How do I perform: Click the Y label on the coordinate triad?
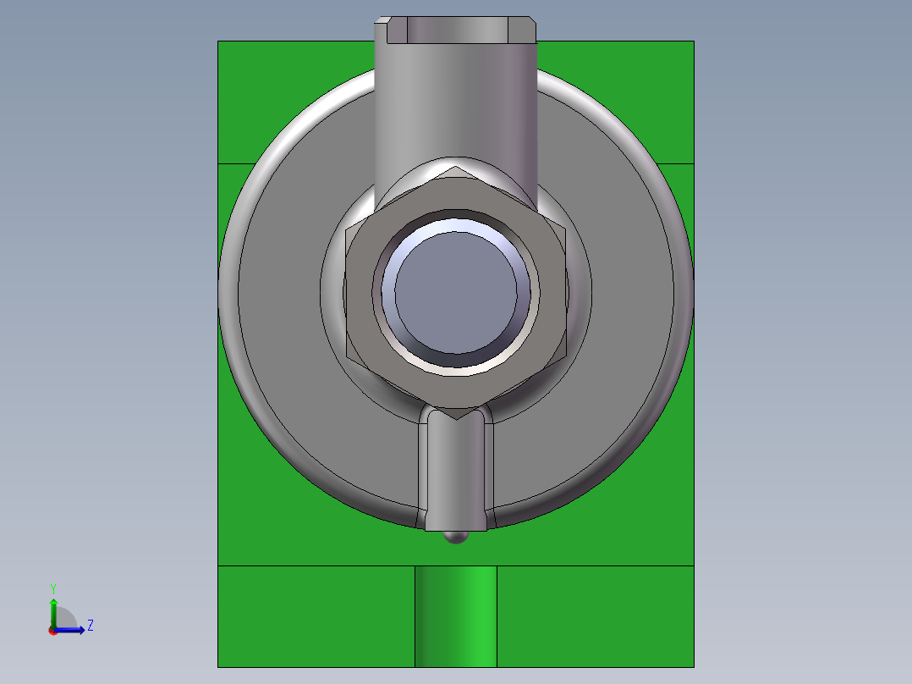pos(53,587)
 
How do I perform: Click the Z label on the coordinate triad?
pos(90,626)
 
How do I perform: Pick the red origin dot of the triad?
pos(52,631)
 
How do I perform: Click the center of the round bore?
pos(456,293)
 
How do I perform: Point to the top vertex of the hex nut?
pos(456,168)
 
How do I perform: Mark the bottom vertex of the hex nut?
pos(456,418)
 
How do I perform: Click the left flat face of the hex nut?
pos(359,293)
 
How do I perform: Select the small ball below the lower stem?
pos(456,537)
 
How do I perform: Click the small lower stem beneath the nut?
pos(456,474)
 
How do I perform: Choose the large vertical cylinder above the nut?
pos(456,102)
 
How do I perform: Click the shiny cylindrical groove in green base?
pos(456,616)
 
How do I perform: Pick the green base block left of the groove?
pos(316,616)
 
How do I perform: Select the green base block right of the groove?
pos(595,616)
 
